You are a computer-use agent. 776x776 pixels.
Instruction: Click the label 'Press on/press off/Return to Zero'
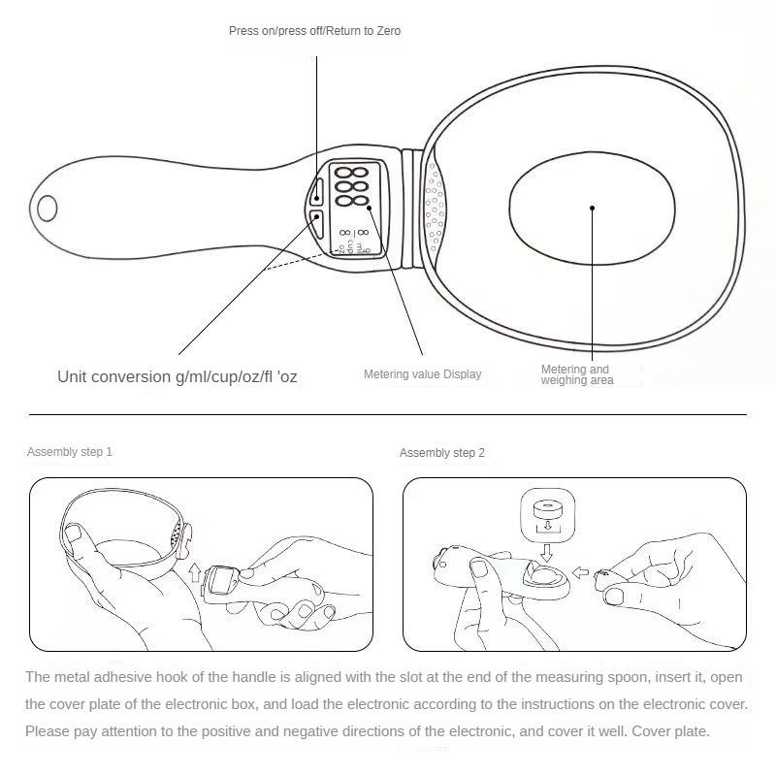[x=314, y=31]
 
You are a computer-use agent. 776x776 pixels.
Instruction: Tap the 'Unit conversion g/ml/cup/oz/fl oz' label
[x=178, y=376]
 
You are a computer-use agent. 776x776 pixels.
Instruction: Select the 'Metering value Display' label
[x=423, y=374]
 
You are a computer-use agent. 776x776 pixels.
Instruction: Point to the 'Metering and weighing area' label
[x=577, y=374]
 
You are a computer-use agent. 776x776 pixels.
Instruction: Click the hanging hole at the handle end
[x=47, y=209]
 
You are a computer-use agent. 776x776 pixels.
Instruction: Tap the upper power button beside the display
[x=317, y=191]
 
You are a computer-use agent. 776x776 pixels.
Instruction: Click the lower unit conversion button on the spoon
[x=316, y=224]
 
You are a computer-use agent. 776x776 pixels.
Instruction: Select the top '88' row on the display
[x=352, y=174]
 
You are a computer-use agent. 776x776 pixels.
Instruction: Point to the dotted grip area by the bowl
[x=435, y=208]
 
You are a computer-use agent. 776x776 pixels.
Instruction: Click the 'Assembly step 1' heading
[x=70, y=452]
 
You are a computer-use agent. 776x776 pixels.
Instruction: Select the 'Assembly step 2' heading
[x=442, y=453]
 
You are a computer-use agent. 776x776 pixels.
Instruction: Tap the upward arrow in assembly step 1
[x=195, y=572]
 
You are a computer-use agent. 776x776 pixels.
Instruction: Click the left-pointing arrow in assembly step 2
[x=580, y=572]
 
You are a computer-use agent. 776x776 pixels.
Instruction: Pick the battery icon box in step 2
[x=547, y=515]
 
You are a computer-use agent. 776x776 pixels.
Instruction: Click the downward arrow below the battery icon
[x=547, y=553]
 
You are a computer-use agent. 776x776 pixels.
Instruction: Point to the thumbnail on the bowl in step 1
[x=74, y=533]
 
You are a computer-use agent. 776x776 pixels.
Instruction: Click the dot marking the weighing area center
[x=592, y=208]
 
